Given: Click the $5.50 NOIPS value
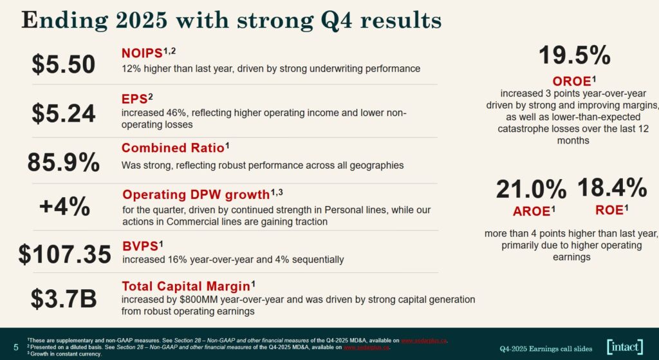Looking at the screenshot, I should pyautogui.click(x=64, y=64).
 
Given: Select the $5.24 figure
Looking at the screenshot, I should pyautogui.click(x=64, y=113).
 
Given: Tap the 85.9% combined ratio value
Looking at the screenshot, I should pyautogui.click(x=64, y=162).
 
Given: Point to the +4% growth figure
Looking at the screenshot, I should pyautogui.click(x=64, y=207).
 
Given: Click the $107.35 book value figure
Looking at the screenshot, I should pyautogui.click(x=64, y=254).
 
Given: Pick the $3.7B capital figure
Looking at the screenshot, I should pyautogui.click(x=64, y=299).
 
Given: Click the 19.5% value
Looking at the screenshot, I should pyautogui.click(x=574, y=56).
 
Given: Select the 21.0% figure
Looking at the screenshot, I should pyautogui.click(x=531, y=190).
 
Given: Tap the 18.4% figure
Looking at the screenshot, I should pyautogui.click(x=611, y=188).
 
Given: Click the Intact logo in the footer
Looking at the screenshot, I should pyautogui.click(x=624, y=346).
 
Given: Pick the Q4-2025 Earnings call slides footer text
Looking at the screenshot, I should pyautogui.click(x=546, y=348).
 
